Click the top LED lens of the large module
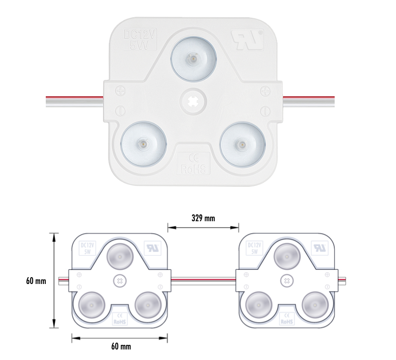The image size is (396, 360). click(x=194, y=60)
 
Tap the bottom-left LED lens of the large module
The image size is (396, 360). click(x=143, y=144)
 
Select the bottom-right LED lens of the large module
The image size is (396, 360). click(x=243, y=145)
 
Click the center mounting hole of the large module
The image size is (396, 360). click(x=193, y=102)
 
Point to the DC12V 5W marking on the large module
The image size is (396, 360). click(x=140, y=40)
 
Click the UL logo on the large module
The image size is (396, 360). click(x=247, y=40)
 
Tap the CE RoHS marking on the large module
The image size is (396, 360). click(x=194, y=164)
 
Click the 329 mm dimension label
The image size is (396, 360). click(x=203, y=218)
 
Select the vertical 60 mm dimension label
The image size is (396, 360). click(x=36, y=281)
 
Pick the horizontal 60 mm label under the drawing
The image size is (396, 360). click(x=121, y=346)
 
